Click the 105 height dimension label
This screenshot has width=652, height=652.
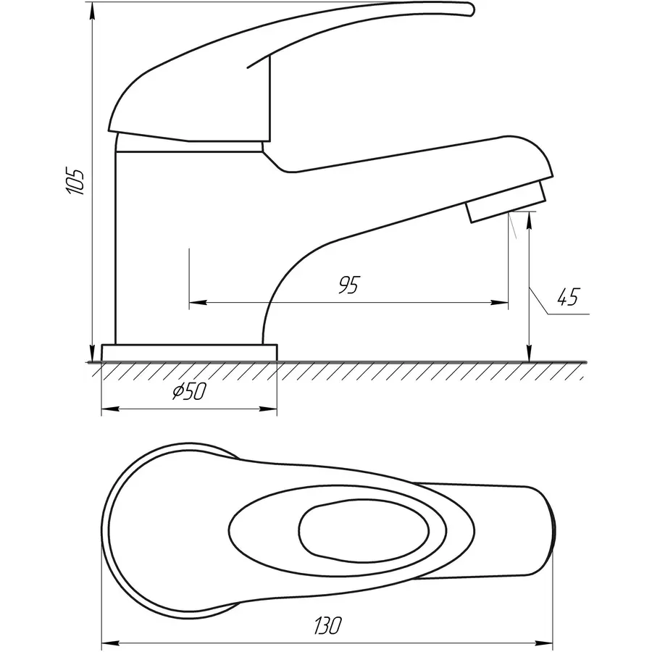tap(75, 181)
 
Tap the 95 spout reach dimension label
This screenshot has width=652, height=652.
tap(348, 285)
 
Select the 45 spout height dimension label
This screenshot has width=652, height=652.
tap(568, 297)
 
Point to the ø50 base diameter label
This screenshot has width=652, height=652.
tap(190, 391)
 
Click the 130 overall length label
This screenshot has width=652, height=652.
tap(328, 625)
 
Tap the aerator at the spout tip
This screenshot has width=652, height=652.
tap(507, 201)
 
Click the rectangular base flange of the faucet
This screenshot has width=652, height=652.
tap(189, 353)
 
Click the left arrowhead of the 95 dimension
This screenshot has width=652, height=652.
tap(198, 302)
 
